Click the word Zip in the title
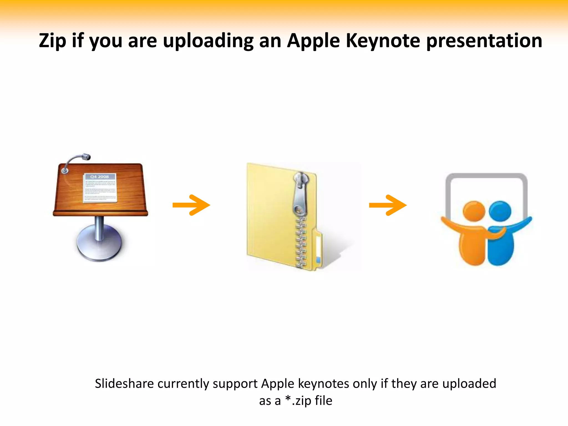(52, 41)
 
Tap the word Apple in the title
(313, 41)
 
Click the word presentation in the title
(484, 41)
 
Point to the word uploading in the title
(208, 41)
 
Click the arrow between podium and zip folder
(191, 205)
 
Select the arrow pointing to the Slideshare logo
(388, 205)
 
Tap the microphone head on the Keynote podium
(86, 157)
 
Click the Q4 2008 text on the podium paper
(100, 177)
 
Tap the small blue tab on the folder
(318, 260)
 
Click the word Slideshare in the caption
(124, 384)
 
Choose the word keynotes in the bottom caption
(323, 384)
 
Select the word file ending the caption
(323, 401)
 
